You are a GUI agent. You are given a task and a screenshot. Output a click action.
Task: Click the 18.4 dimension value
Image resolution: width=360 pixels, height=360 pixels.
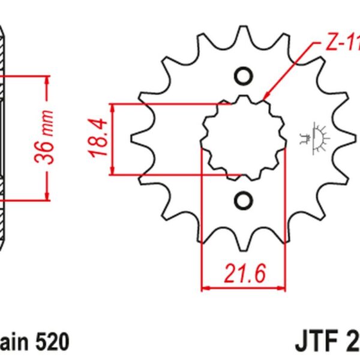point(100,139)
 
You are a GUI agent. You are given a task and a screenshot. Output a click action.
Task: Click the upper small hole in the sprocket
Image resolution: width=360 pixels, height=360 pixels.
point(244,76)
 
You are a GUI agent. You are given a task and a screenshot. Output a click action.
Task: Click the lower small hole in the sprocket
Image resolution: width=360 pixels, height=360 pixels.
point(244,199)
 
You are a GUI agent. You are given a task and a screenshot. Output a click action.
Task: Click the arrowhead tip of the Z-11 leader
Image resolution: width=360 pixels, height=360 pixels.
point(264,98)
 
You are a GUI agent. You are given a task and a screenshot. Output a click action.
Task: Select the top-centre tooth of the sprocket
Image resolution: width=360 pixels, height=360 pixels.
point(243,33)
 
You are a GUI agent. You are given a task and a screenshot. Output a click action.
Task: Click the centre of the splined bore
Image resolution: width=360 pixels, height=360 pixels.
point(244,138)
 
